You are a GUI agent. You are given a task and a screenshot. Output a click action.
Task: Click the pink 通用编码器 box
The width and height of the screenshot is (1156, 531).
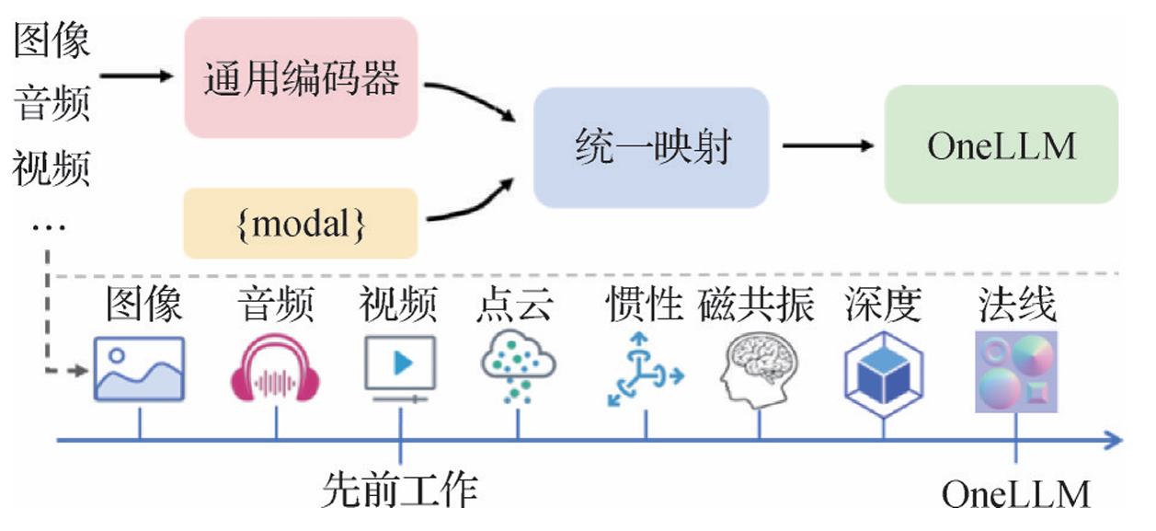coord(302,79)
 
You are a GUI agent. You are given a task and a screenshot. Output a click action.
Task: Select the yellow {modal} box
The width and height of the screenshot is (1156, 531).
coord(302,224)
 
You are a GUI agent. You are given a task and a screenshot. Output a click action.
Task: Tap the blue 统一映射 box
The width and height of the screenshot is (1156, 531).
coord(651,147)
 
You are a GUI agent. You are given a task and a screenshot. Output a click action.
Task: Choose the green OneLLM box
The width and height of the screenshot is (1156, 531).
coord(1001,145)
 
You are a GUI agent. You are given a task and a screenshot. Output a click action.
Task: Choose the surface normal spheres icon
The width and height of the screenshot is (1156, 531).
coord(1016,371)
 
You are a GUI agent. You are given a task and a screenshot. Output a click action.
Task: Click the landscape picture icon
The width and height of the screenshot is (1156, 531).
coord(139,369)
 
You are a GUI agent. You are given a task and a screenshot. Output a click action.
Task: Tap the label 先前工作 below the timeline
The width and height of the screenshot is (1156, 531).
coord(400,490)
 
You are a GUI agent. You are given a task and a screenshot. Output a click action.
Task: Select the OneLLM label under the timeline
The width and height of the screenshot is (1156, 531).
coord(1015,495)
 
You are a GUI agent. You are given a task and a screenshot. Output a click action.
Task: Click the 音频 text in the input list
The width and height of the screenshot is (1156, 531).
coord(52,106)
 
